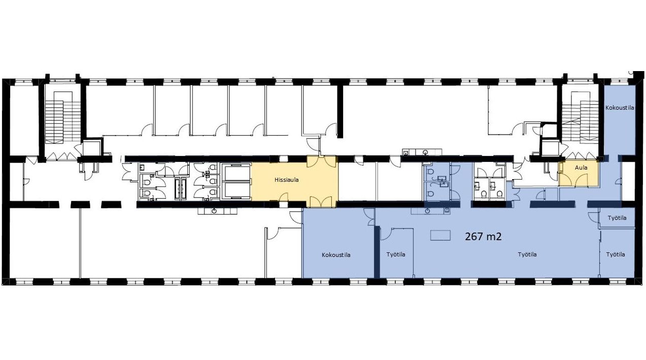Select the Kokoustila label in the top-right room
point(620,108)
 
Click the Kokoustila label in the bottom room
point(336,255)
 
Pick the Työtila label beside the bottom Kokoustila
point(396,255)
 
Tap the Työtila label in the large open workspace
point(527,255)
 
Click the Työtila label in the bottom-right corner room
point(616,255)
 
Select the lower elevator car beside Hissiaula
point(236,189)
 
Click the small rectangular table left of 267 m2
point(440,235)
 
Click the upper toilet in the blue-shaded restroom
point(430,173)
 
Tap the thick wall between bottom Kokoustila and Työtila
point(377,252)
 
